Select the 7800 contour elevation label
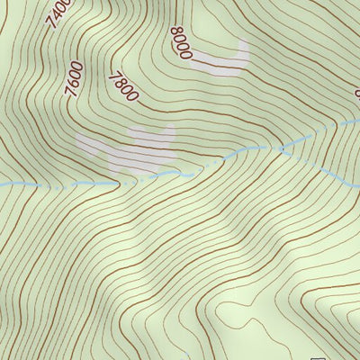click(123, 87)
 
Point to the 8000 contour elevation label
click(180, 42)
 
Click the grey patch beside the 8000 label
click(220, 61)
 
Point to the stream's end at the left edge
click(3, 184)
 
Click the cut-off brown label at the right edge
click(356, 92)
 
